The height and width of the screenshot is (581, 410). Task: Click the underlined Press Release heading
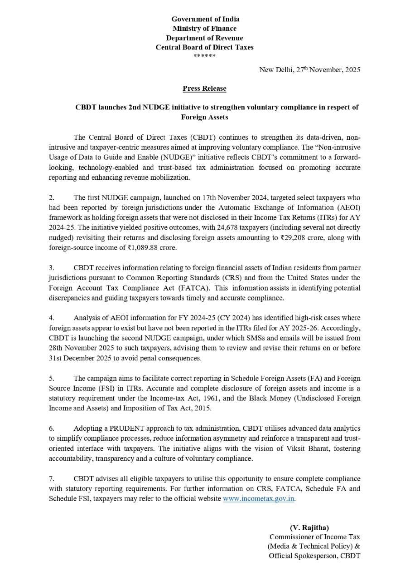(x=204, y=89)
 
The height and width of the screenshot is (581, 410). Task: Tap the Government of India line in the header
(x=205, y=19)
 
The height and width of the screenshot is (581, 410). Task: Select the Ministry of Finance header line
(x=204, y=29)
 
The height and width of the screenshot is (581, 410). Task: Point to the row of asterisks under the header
(x=204, y=56)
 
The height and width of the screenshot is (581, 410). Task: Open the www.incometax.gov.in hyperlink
(x=259, y=498)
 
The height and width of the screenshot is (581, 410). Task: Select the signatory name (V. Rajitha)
(x=309, y=527)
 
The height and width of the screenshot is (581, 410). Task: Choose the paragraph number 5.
(x=51, y=378)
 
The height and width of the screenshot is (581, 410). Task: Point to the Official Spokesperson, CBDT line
(x=314, y=556)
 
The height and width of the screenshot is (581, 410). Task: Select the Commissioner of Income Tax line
(x=315, y=537)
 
